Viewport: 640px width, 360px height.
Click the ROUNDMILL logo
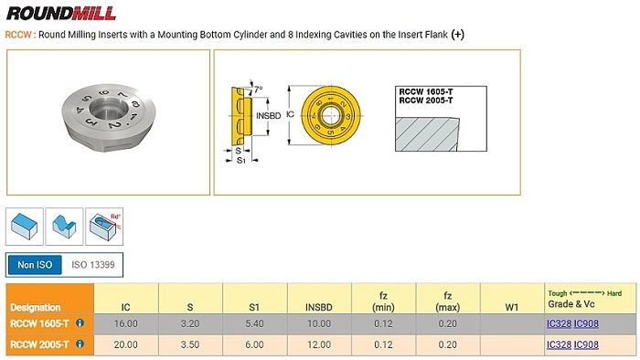coord(61,13)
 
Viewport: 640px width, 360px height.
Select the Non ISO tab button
coord(35,265)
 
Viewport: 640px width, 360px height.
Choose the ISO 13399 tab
coord(93,265)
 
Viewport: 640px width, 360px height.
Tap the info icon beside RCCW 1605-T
coord(80,323)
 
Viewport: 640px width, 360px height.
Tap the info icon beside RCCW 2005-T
coord(80,344)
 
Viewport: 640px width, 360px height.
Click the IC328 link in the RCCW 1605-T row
coord(559,323)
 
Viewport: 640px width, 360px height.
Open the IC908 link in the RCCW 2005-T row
coord(586,344)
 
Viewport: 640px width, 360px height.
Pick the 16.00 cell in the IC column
coord(126,323)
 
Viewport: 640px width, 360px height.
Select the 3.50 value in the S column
coord(190,344)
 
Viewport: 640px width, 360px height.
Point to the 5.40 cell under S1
coord(254,323)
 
